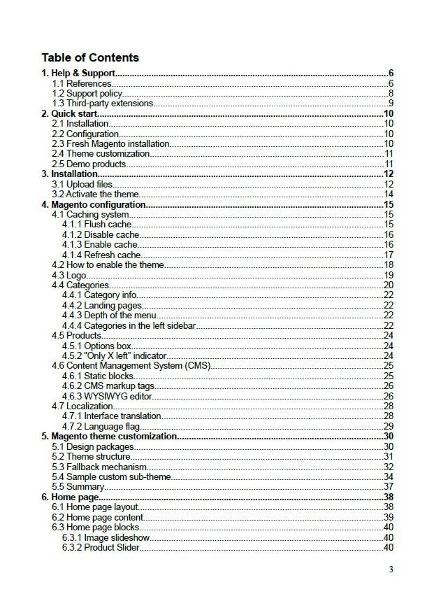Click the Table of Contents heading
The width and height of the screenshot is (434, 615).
[90, 57]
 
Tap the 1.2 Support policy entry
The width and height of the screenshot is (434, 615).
[87, 93]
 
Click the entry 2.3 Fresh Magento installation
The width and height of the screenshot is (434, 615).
[111, 143]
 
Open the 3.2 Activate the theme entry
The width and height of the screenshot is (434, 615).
[96, 194]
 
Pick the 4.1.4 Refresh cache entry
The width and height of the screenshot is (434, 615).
[101, 255]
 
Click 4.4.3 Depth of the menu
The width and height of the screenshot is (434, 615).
[108, 315]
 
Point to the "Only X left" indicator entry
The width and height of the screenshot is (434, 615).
[114, 355]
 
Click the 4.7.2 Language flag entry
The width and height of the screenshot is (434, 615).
[101, 426]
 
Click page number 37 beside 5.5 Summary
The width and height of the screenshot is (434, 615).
[389, 486]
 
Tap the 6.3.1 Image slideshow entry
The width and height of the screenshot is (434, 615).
[106, 537]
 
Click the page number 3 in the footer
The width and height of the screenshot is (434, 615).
[391, 569]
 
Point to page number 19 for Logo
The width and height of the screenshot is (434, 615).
[389, 275]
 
